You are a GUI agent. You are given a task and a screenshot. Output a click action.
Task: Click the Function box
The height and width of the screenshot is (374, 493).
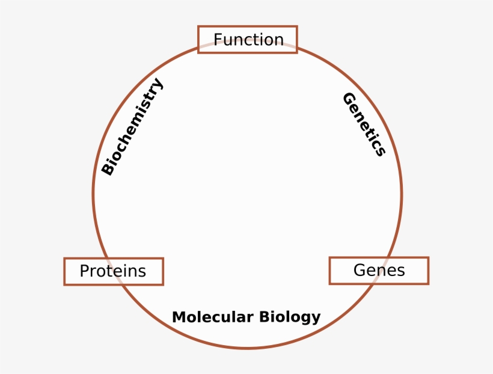[248, 40]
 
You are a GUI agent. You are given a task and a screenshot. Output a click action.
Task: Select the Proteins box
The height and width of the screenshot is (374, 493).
[114, 271]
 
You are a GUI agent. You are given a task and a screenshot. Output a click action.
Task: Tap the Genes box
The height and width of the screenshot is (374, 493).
[379, 271]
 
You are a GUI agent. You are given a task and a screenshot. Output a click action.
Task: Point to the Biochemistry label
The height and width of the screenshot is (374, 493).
[132, 126]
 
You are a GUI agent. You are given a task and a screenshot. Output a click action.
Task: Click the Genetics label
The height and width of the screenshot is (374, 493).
[364, 124]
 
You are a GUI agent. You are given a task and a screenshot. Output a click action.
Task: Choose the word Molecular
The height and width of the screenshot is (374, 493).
[213, 317]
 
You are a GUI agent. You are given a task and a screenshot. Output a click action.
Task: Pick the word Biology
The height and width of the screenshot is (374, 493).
[290, 317]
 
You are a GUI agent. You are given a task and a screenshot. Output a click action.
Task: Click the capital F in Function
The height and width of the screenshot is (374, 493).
[218, 40]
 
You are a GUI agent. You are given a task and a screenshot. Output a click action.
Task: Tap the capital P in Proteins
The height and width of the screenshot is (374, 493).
[84, 271]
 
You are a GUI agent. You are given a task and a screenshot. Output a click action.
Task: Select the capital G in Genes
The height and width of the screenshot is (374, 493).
[360, 270]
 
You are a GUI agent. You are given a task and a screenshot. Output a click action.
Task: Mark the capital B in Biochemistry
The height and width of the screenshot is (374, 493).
[108, 168]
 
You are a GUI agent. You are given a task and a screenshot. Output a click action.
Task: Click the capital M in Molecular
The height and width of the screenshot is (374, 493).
[179, 317]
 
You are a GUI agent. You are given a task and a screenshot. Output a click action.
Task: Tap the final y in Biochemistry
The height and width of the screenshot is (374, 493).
[156, 84]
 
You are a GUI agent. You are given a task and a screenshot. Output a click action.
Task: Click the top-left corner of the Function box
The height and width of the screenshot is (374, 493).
[198, 26]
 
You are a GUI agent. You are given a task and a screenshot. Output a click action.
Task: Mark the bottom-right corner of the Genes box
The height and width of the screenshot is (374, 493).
[429, 284]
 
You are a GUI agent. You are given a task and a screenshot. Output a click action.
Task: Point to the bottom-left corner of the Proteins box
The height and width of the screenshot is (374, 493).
[64, 284]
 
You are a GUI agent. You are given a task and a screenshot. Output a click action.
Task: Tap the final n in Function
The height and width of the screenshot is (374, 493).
[280, 41]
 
